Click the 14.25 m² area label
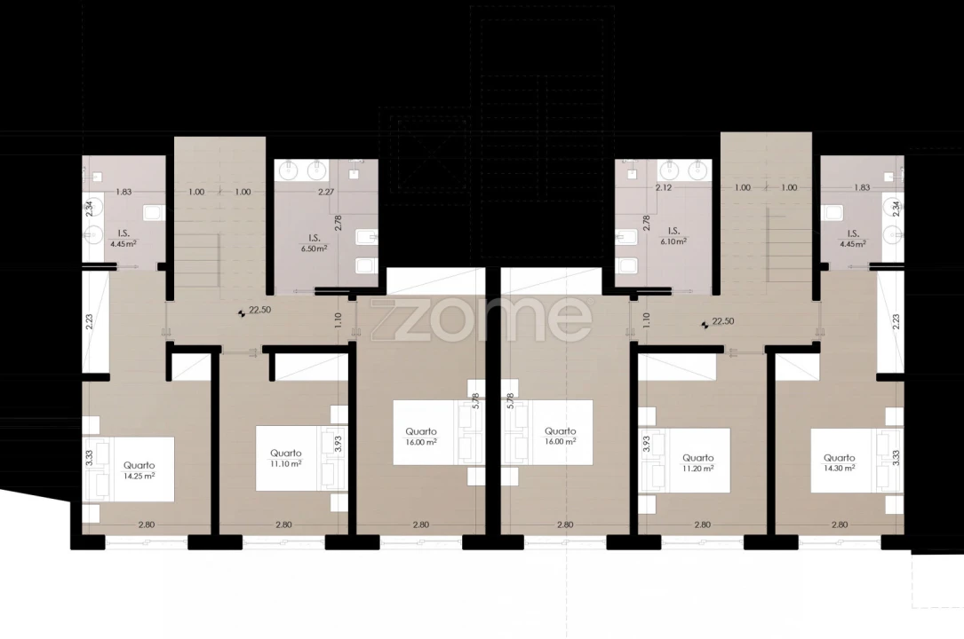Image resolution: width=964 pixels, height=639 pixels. pyautogui.click(x=139, y=476)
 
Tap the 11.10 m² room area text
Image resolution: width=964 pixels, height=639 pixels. pyautogui.click(x=285, y=464)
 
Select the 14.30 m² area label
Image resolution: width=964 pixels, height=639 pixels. pyautogui.click(x=839, y=468)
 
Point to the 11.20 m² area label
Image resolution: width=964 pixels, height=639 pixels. pyautogui.click(x=697, y=469)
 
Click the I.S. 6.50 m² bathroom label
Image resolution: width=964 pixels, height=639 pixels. pyautogui.click(x=314, y=243)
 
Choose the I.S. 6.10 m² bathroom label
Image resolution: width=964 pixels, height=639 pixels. pyautogui.click(x=673, y=236)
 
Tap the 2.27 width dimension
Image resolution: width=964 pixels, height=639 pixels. pyautogui.click(x=326, y=192)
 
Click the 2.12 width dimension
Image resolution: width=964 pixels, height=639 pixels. pyautogui.click(x=664, y=188)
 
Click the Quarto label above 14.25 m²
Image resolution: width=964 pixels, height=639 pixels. pyautogui.click(x=139, y=465)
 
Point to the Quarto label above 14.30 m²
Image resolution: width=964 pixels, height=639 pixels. pyautogui.click(x=840, y=457)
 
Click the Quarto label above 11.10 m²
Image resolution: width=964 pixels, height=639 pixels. pyautogui.click(x=286, y=454)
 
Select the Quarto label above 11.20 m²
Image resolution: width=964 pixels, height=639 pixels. pyautogui.click(x=698, y=458)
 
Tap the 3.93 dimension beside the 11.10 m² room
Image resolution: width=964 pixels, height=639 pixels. pyautogui.click(x=338, y=444)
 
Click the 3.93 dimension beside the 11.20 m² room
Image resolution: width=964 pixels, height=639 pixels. pyautogui.click(x=646, y=445)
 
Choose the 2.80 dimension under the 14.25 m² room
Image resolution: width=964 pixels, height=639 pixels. pyautogui.click(x=147, y=525)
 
